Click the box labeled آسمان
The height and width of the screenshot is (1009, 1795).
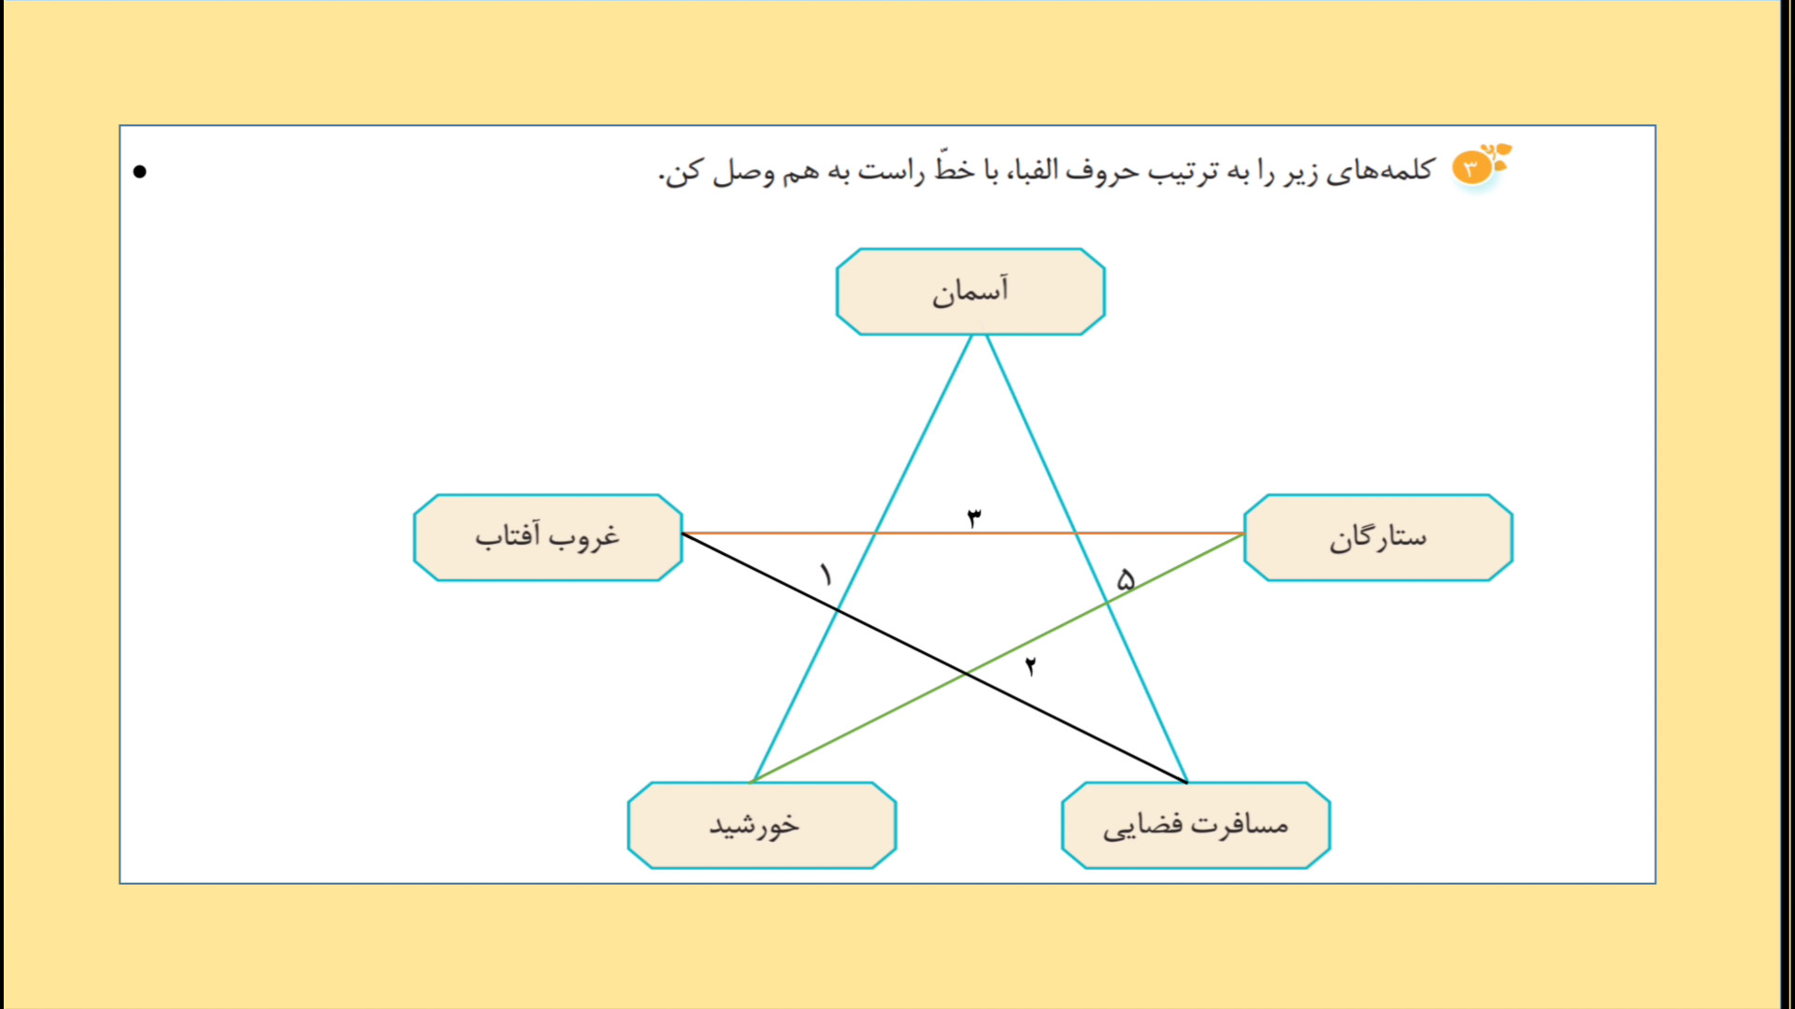pyautogui.click(x=970, y=291)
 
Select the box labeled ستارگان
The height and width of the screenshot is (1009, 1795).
pyautogui.click(x=1378, y=538)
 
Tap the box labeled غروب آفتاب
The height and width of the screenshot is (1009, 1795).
pyautogui.click(x=548, y=538)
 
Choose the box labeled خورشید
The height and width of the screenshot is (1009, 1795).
pyautogui.click(x=762, y=826)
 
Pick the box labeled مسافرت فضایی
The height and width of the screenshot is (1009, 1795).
pyautogui.click(x=1196, y=826)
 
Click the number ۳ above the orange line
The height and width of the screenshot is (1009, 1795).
pyautogui.click(x=973, y=518)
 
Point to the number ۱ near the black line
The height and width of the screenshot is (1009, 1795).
pyautogui.click(x=826, y=575)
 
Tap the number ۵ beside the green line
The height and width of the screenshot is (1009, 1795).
pyautogui.click(x=1126, y=580)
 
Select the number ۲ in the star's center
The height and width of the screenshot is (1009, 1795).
pyautogui.click(x=1030, y=666)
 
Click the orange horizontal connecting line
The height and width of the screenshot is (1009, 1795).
pyautogui.click(x=963, y=533)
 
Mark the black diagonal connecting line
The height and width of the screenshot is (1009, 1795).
pyautogui.click(x=935, y=658)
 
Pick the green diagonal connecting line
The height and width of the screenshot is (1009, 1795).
pyautogui.click(x=998, y=658)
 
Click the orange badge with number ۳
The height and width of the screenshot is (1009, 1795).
pyautogui.click(x=1472, y=168)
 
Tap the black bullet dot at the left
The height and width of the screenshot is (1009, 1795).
pyautogui.click(x=140, y=171)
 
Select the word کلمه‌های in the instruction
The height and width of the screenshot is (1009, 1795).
pyautogui.click(x=1380, y=171)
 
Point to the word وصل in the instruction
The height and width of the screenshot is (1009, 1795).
pyautogui.click(x=744, y=173)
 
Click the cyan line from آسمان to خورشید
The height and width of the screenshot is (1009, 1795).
pyautogui.click(x=863, y=559)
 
